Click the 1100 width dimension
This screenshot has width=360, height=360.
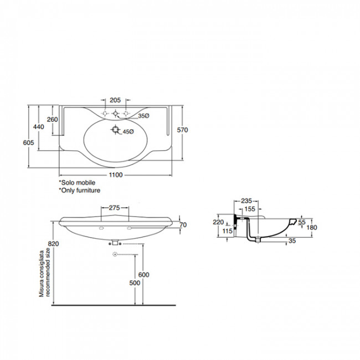click(x=116, y=175)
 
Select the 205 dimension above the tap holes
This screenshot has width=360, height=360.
click(x=115, y=100)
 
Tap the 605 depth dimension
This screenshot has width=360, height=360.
click(x=28, y=142)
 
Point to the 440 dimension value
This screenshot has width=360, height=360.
click(x=39, y=127)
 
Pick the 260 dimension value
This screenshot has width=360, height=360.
click(x=53, y=120)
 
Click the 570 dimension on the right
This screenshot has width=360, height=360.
click(x=182, y=130)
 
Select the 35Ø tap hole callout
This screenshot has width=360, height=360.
click(x=143, y=116)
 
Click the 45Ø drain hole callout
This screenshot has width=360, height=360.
click(x=128, y=132)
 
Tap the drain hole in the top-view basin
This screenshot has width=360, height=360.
click(x=115, y=130)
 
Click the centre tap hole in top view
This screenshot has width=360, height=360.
click(x=115, y=113)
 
